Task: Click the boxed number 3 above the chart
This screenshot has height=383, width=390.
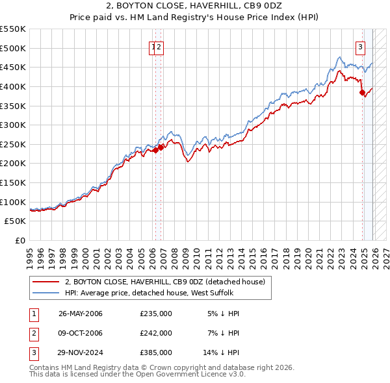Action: click(360, 46)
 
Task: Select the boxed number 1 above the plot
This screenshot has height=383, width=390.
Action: click(153, 46)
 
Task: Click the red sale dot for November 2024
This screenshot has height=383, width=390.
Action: click(362, 92)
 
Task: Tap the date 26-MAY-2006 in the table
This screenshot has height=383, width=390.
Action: click(81, 314)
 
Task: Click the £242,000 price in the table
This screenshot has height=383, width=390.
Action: click(156, 333)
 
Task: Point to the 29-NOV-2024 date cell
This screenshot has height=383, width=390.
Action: click(81, 352)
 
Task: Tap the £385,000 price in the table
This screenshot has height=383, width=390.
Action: click(156, 352)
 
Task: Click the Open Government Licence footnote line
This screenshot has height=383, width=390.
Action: click(137, 375)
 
